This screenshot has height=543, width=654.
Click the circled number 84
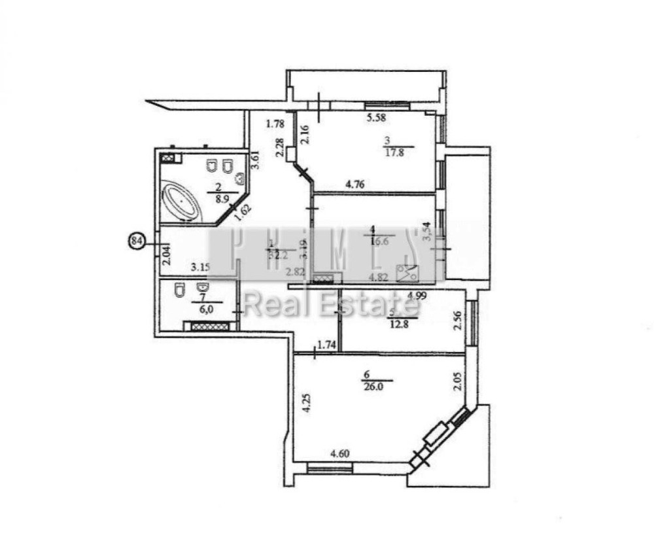pyautogui.click(x=137, y=241)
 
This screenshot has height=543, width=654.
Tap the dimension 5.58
pyautogui.click(x=377, y=118)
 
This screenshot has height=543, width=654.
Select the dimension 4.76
pyautogui.click(x=355, y=184)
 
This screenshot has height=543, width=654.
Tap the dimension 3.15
pyautogui.click(x=200, y=267)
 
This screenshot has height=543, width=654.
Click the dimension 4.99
pyautogui.click(x=417, y=295)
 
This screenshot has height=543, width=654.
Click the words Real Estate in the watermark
pyautogui.click(x=332, y=305)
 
